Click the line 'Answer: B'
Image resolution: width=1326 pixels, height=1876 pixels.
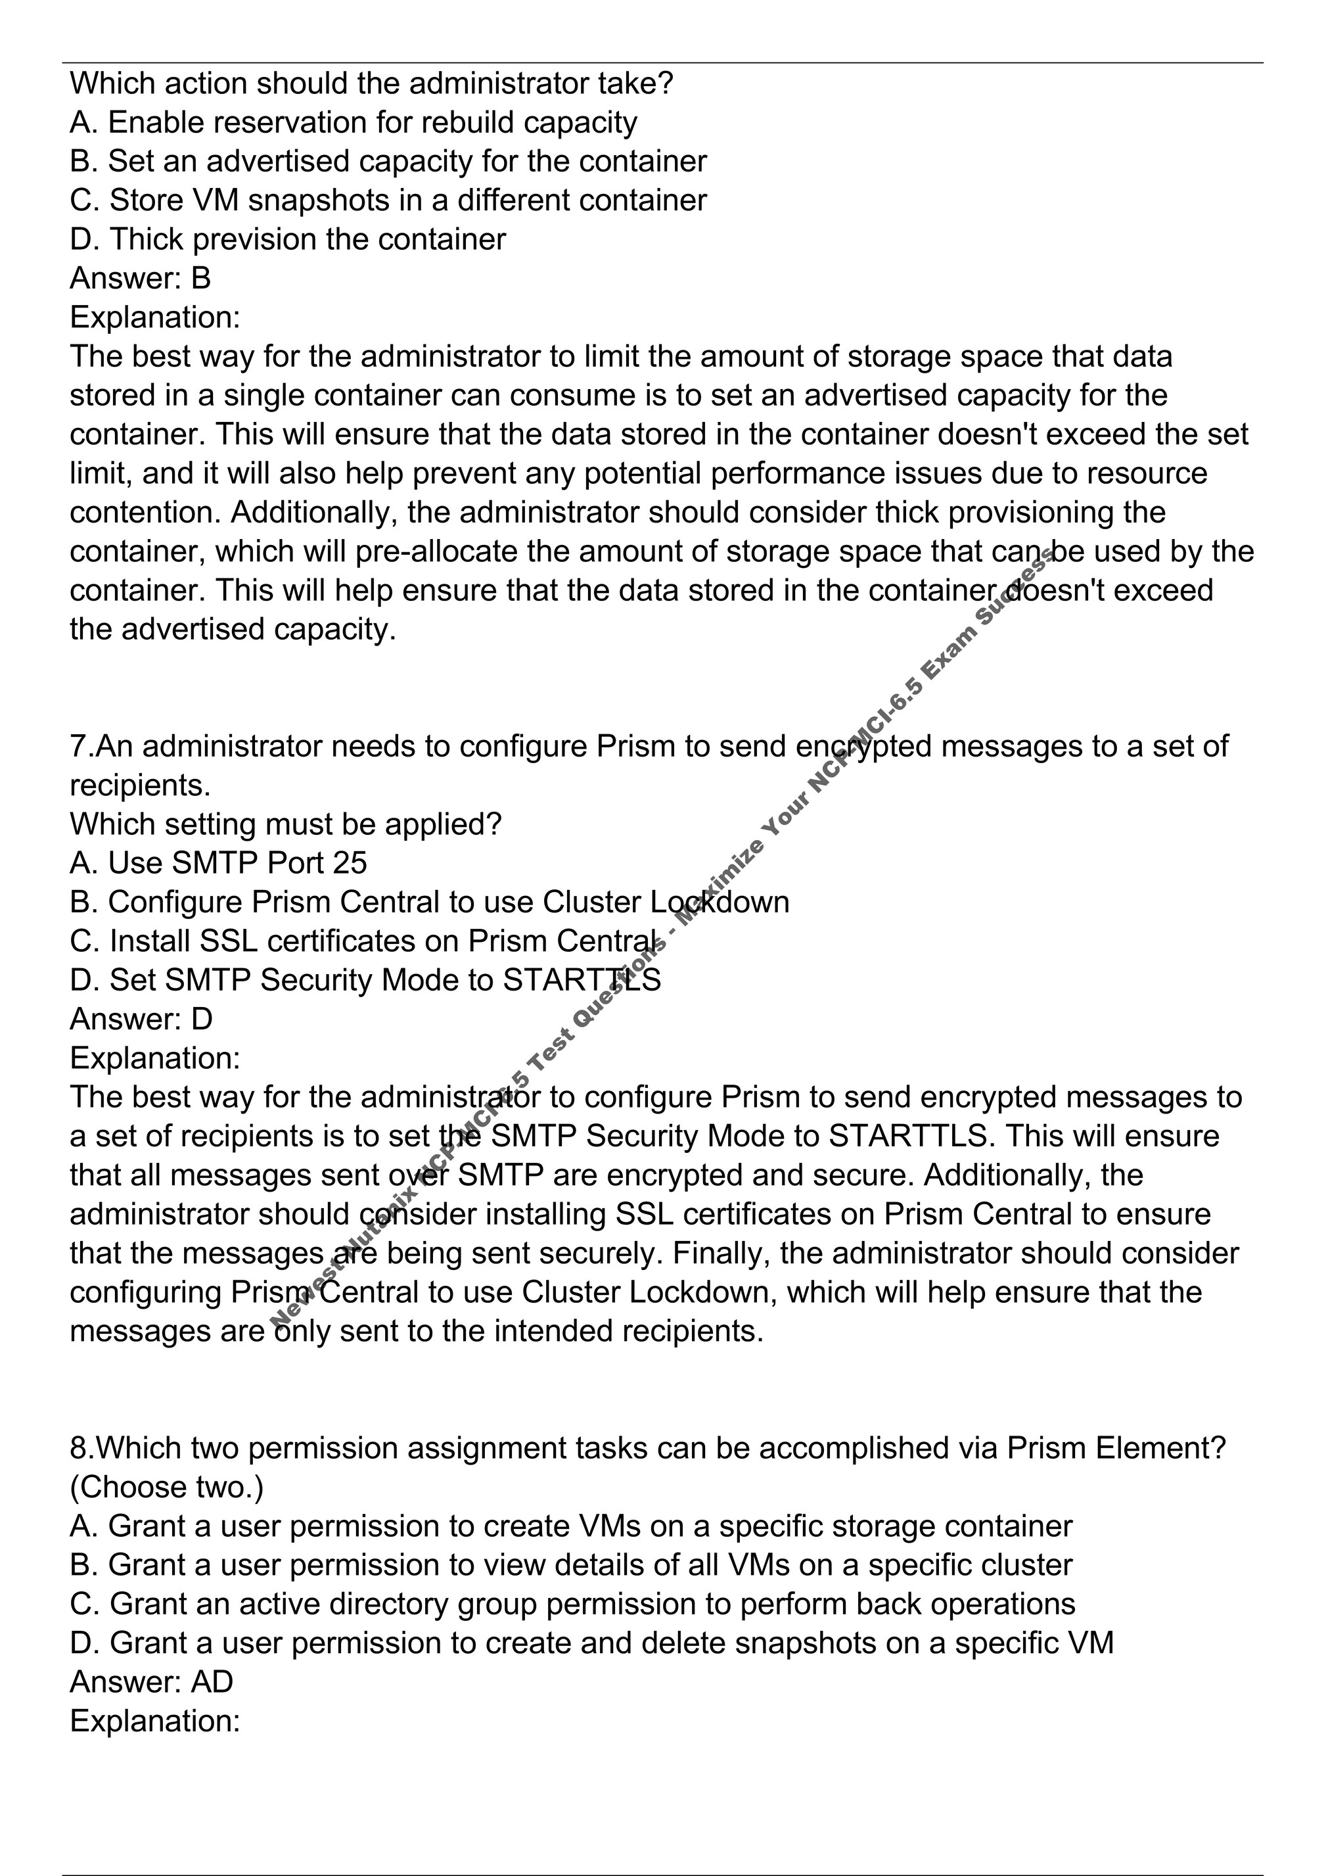[x=140, y=279]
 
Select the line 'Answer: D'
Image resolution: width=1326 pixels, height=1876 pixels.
[x=141, y=1019]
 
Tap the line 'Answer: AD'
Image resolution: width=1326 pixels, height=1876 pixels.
[x=151, y=1681]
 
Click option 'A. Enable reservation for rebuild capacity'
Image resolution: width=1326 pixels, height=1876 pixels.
[x=353, y=122]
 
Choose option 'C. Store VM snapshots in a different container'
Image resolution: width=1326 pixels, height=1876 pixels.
[x=388, y=200]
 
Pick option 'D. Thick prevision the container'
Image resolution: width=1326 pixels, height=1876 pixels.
[x=288, y=239]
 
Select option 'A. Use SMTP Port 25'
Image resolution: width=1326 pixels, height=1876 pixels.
[x=218, y=863]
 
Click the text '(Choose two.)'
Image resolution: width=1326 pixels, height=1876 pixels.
[x=167, y=1487]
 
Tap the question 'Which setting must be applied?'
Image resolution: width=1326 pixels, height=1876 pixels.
[x=285, y=824]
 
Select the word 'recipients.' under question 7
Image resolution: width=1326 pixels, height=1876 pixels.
[x=140, y=786]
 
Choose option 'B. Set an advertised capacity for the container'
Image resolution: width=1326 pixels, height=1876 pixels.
[x=388, y=162]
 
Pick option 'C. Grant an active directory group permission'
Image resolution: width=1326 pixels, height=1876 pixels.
[x=572, y=1604]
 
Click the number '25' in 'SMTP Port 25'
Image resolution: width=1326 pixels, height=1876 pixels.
[x=350, y=863]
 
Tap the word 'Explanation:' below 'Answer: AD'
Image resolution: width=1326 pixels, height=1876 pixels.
[x=155, y=1721]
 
